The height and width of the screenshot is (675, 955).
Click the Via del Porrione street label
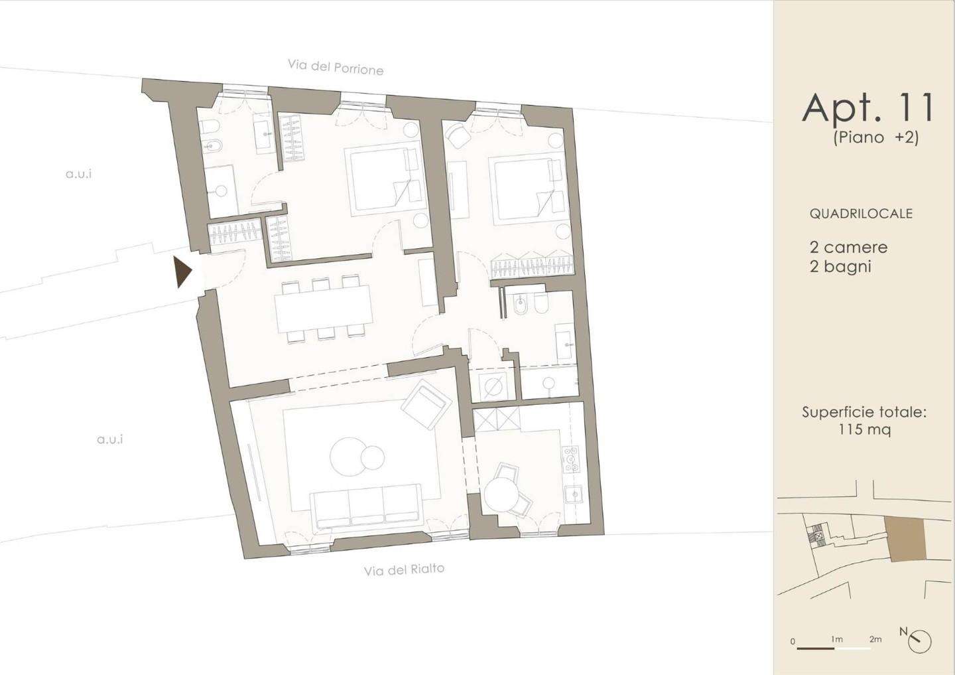pos(336,68)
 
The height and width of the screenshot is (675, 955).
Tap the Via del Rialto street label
pos(404,570)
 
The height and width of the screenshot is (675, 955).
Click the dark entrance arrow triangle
pos(183,272)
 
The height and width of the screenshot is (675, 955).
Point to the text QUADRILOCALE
pos(861,213)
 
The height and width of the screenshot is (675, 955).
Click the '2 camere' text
pos(848,248)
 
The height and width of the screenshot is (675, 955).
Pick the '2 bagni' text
pos(840,267)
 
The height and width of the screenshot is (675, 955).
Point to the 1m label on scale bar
pos(836,652)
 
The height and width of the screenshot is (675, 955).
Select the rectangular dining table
pos(324,309)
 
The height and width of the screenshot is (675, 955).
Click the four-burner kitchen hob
pos(571,459)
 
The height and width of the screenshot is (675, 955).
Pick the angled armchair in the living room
pos(426,406)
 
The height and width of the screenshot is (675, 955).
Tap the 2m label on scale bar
pos(875,652)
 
